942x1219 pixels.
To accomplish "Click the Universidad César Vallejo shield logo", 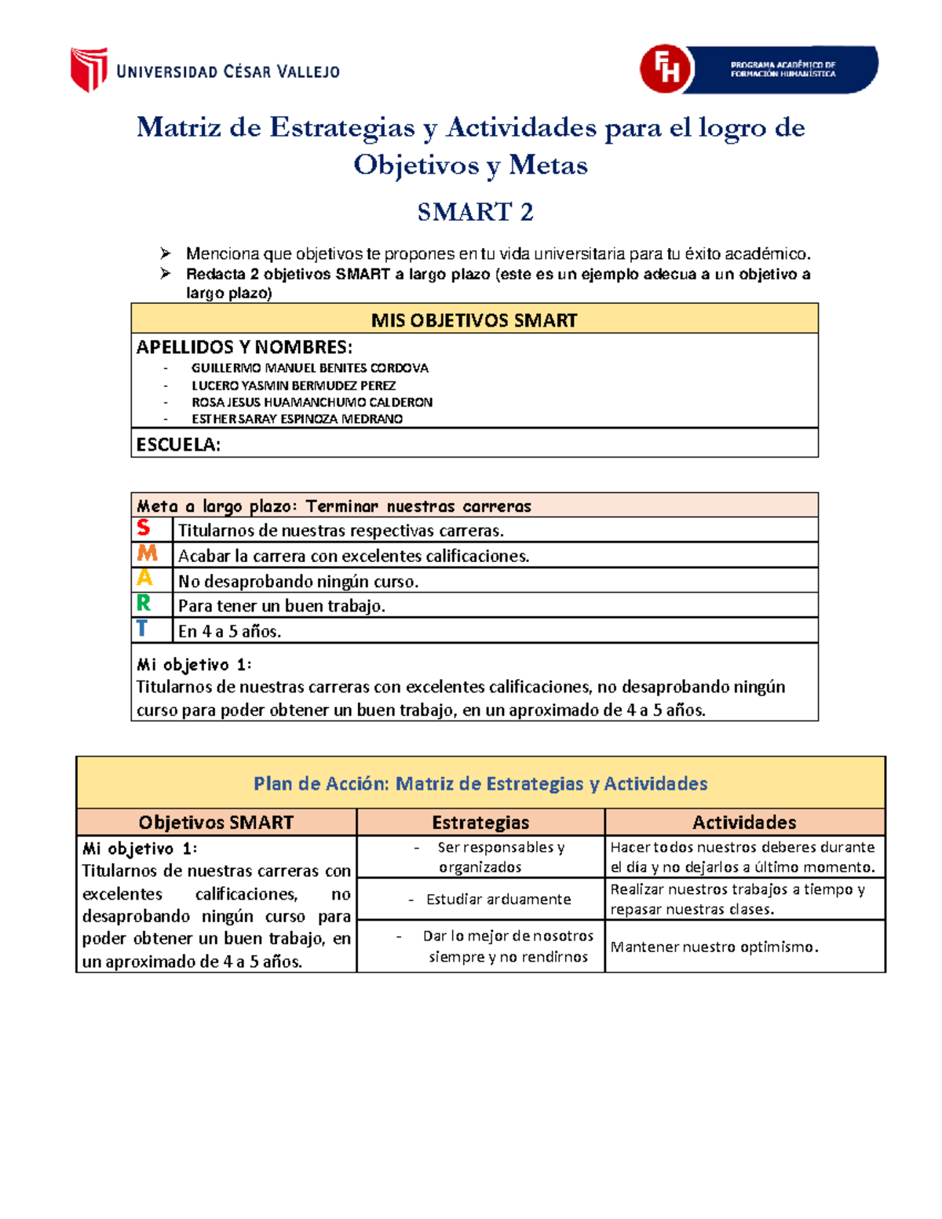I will [88, 70].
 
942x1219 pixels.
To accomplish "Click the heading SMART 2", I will [475, 212].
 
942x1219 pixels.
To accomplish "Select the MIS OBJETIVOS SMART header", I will [474, 320].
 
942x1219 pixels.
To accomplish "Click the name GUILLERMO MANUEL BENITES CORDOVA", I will [309, 368].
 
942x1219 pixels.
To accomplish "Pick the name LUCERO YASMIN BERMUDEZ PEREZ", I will [294, 385].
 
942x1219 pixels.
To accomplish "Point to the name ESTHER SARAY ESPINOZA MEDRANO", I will [297, 419].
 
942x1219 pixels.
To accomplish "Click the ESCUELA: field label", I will [179, 444].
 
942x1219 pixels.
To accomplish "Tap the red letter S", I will [143, 528].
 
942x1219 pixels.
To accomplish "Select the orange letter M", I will [147, 553].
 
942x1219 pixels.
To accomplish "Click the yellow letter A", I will [144, 578].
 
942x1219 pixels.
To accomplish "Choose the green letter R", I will [143, 604].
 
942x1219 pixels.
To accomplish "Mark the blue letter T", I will [141, 629].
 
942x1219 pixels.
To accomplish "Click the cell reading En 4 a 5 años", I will [229, 631].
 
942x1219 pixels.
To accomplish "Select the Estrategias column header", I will [480, 823].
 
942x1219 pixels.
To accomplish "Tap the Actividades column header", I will [744, 823].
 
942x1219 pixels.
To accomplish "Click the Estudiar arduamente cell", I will [498, 900].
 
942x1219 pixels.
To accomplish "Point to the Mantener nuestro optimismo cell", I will [714, 947].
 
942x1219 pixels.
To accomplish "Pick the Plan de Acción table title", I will [480, 783].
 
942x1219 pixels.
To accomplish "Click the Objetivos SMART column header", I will [216, 823].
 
